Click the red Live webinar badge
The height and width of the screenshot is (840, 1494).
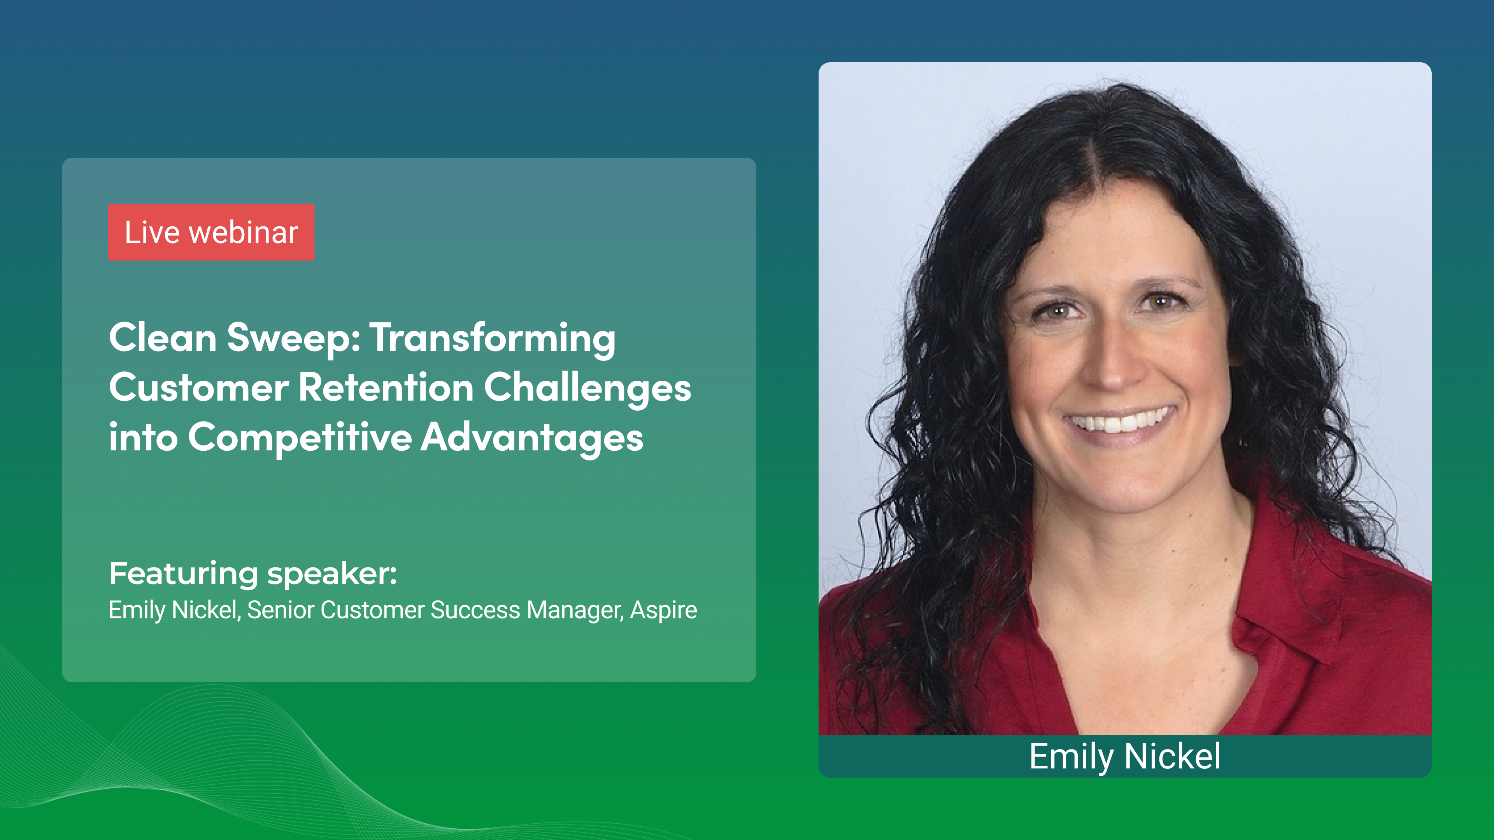[x=211, y=233]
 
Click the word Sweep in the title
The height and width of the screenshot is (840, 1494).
[x=293, y=338]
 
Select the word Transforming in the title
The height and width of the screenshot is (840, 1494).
[x=493, y=338]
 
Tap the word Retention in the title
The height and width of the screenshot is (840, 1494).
[x=386, y=387]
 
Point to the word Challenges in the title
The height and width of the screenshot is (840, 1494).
[x=587, y=387]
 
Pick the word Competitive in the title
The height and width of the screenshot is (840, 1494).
[x=299, y=437]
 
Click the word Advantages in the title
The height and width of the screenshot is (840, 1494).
[x=532, y=437]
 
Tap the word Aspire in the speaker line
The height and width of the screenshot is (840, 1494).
[x=663, y=610]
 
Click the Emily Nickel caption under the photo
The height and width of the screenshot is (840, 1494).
[x=1124, y=756]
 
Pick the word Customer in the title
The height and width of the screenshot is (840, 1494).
[x=198, y=387]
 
